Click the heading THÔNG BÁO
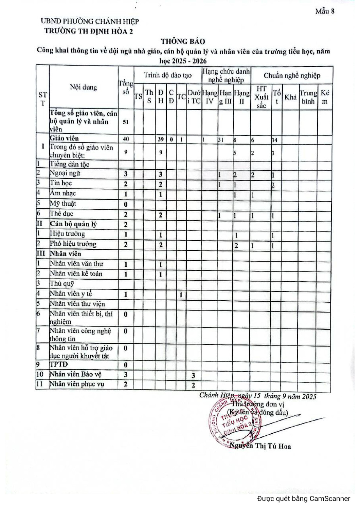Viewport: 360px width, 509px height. pos(183,41)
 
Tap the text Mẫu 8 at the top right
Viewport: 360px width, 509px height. pos(324,11)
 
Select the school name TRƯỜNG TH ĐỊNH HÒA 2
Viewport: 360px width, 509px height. pos(88,31)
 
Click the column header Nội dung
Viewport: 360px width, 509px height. pos(84,87)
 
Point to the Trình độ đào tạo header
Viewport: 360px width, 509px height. pos(168,75)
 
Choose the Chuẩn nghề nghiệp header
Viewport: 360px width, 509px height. pos(292,75)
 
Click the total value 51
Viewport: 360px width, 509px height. pos(126,122)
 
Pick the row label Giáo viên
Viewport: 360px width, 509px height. pos(65,138)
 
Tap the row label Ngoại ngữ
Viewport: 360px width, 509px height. pos(65,173)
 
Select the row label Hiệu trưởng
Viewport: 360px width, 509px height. pos(67,233)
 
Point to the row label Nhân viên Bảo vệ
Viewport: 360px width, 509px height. pos(75,374)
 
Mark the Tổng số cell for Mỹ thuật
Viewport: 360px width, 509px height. pos(126,204)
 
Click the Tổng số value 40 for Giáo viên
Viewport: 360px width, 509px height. pos(126,139)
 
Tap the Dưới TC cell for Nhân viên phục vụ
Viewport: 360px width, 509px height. pos(193,385)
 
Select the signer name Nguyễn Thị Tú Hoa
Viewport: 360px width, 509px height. pos(260,446)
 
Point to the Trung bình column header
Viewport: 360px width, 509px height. pos(308,97)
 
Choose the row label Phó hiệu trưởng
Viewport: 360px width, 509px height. pos(73,244)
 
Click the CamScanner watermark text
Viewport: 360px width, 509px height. pos(304,498)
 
